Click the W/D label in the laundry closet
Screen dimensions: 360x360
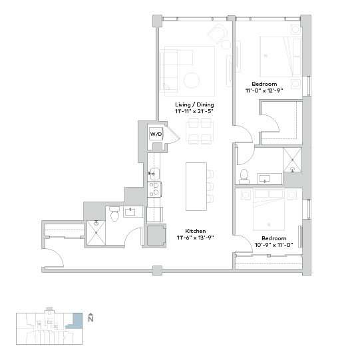[x=156, y=134]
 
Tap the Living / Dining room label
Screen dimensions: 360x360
[x=194, y=104]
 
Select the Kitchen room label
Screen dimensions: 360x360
[x=196, y=231]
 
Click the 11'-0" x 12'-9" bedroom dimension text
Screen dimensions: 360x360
[x=264, y=90]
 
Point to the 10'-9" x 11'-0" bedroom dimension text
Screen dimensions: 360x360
[x=274, y=245]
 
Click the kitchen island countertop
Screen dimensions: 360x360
[x=196, y=186]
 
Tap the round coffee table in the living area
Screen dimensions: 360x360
[x=192, y=81]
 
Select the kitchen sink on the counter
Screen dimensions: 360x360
[x=154, y=174]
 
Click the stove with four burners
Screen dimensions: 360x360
[x=154, y=189]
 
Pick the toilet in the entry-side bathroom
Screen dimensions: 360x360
[x=114, y=214]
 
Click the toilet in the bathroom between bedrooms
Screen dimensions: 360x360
[x=244, y=177]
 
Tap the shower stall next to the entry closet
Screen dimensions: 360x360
[x=96, y=233]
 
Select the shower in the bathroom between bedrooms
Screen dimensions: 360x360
[x=292, y=160]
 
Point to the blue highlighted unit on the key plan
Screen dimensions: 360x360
[x=75, y=321]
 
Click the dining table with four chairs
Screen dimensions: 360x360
[x=200, y=131]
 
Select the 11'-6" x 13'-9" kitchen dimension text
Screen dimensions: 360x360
[x=196, y=238]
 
